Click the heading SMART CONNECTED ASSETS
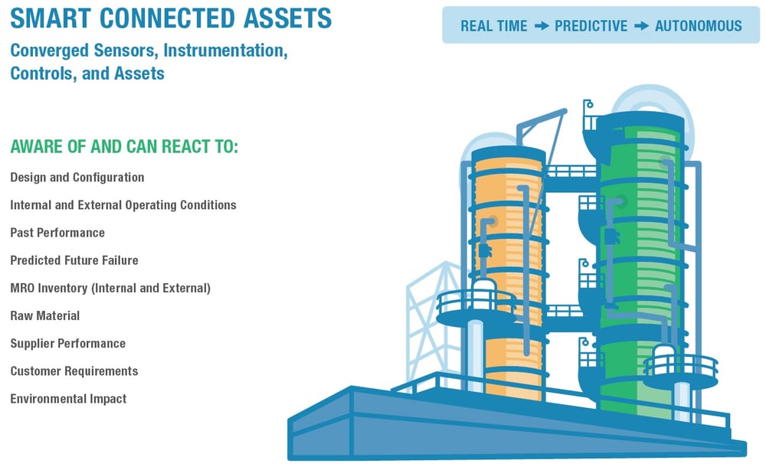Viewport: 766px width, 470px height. [x=171, y=18]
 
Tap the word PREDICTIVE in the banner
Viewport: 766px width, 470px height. [x=591, y=26]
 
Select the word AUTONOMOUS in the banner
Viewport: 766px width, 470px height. [x=698, y=26]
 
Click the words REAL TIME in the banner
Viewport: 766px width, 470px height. [x=493, y=26]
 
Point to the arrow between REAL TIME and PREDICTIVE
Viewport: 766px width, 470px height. [x=542, y=26]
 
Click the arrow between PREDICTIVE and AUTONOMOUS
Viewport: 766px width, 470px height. [x=641, y=26]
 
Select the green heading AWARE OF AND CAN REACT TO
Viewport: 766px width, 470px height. [x=124, y=146]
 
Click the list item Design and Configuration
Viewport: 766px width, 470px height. [x=77, y=178]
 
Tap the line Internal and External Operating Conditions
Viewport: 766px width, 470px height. [x=123, y=205]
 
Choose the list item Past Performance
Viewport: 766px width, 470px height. [x=57, y=233]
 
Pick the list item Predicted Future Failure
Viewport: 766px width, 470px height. [x=74, y=260]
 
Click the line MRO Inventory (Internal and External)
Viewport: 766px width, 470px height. [x=110, y=288]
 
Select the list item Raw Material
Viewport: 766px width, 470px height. [x=44, y=315]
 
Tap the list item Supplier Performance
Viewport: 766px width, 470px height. [x=67, y=343]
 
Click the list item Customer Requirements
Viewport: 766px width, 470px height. [x=74, y=371]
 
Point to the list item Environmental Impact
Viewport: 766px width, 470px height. [x=68, y=399]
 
